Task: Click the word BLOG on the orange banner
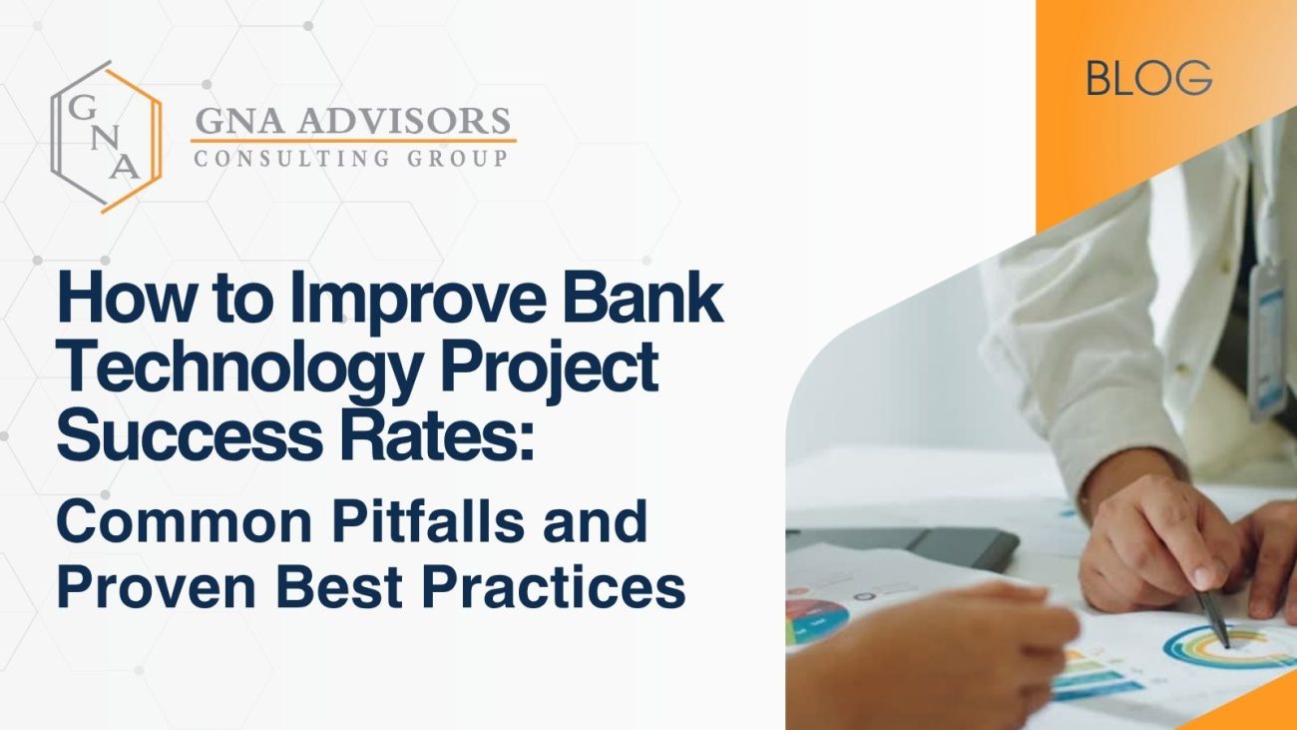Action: [1148, 78]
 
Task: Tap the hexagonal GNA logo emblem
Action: [106, 137]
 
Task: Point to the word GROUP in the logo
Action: [457, 158]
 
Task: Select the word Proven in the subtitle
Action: [157, 587]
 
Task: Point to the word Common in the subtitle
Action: [185, 522]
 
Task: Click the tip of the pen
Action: [1227, 646]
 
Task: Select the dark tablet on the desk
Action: [903, 547]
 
